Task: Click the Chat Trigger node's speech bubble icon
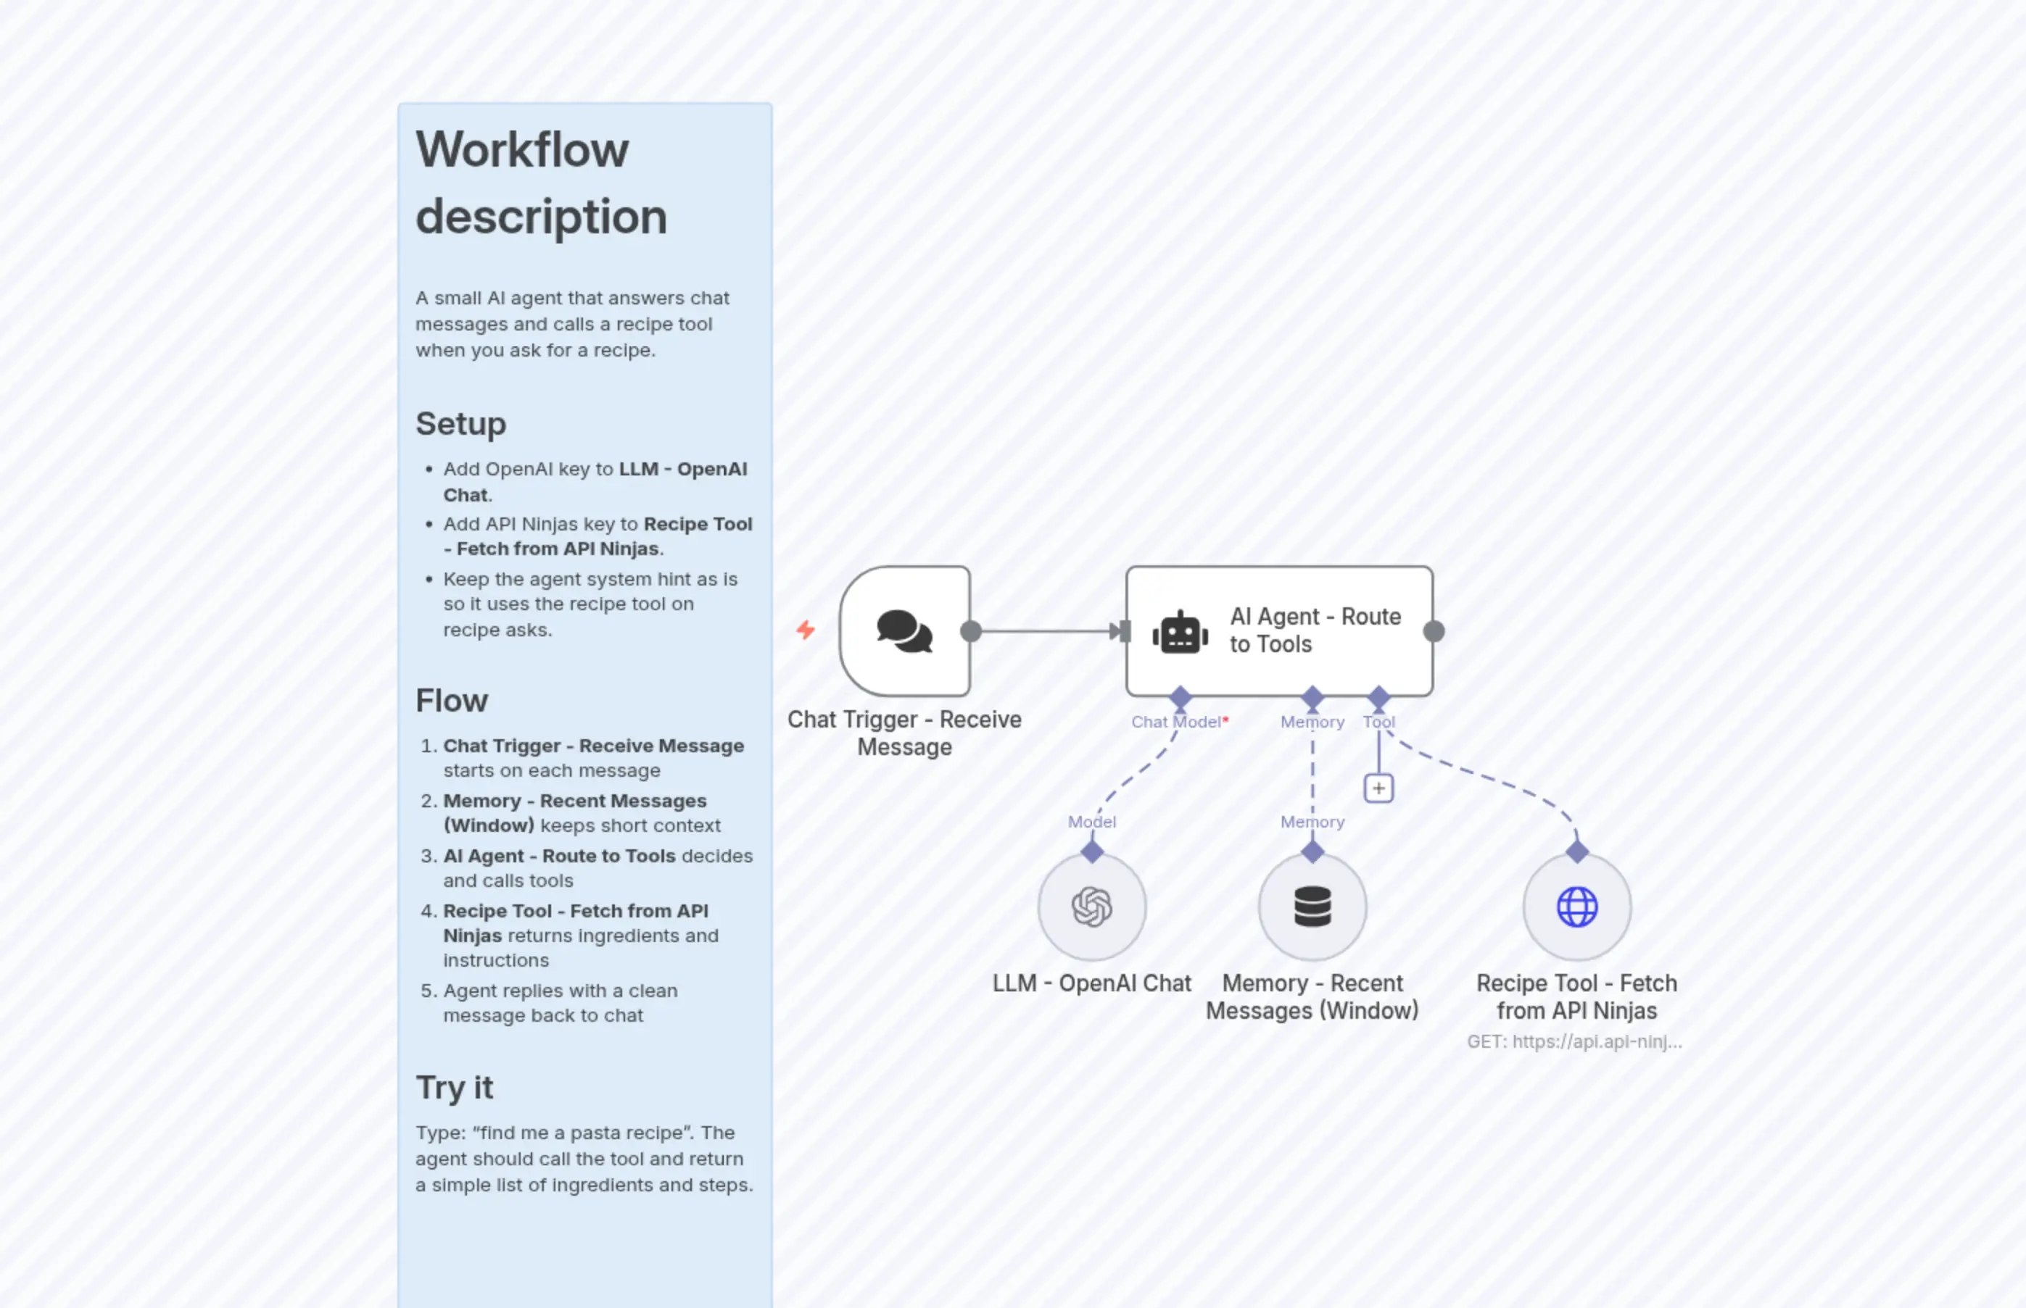[904, 631]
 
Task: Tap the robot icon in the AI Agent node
[1180, 633]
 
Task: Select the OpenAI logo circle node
[1091, 907]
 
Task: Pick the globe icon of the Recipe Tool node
[1576, 907]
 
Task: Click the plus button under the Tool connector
[1378, 788]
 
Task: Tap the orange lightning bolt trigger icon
[805, 630]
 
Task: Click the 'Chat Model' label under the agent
[1175, 722]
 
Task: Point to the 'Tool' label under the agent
[1378, 722]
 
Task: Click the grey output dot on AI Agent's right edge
[1433, 631]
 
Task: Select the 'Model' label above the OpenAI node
[1091, 821]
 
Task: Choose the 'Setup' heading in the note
[460, 423]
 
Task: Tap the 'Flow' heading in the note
[451, 701]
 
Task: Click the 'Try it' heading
[454, 1087]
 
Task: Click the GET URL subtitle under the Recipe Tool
[1574, 1041]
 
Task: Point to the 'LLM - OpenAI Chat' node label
[1091, 983]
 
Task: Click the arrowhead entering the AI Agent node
[1115, 631]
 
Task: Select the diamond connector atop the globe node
[1576, 851]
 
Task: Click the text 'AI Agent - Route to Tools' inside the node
[1314, 630]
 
